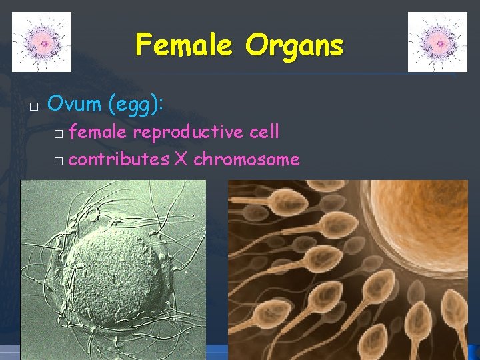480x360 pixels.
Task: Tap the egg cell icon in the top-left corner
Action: pos(42,42)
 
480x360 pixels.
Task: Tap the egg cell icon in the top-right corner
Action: pos(437,42)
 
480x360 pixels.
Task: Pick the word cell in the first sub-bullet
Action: pos(263,132)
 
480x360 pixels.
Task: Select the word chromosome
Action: pos(246,159)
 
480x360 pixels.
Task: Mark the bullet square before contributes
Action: pos(59,161)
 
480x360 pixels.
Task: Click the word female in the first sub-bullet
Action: pos(98,132)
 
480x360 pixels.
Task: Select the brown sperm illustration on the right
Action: pos(320,287)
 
